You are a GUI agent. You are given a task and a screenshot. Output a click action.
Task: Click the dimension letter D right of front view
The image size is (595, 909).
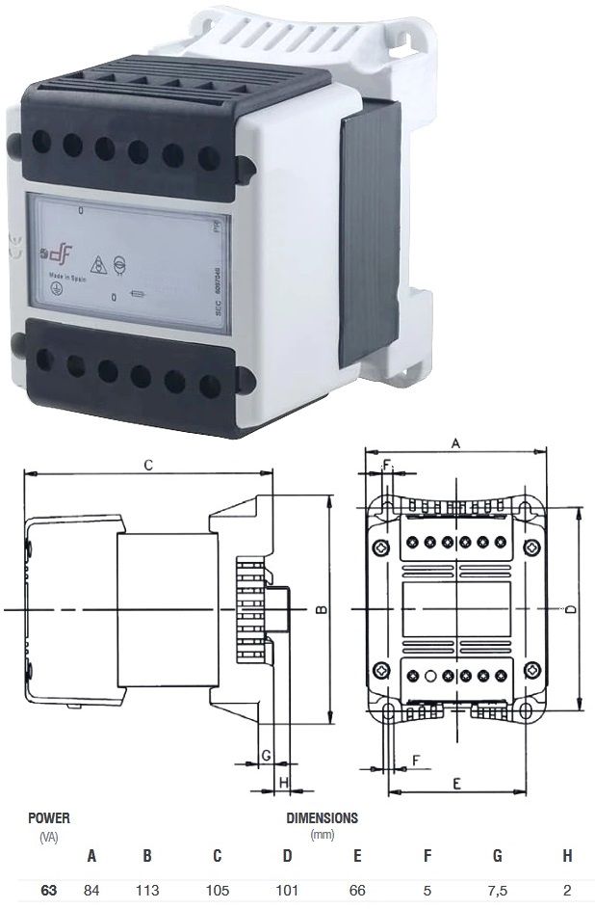570,609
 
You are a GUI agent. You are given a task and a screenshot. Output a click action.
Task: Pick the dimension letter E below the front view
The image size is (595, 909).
455,784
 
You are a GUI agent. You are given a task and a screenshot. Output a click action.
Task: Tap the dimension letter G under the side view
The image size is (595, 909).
265,755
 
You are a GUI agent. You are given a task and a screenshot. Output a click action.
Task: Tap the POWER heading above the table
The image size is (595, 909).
48,817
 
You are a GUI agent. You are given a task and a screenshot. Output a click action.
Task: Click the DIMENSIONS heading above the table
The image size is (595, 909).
322,817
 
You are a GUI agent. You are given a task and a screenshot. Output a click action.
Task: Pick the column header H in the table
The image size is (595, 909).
566,855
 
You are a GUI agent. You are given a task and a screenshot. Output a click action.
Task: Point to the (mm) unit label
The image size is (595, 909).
322,834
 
